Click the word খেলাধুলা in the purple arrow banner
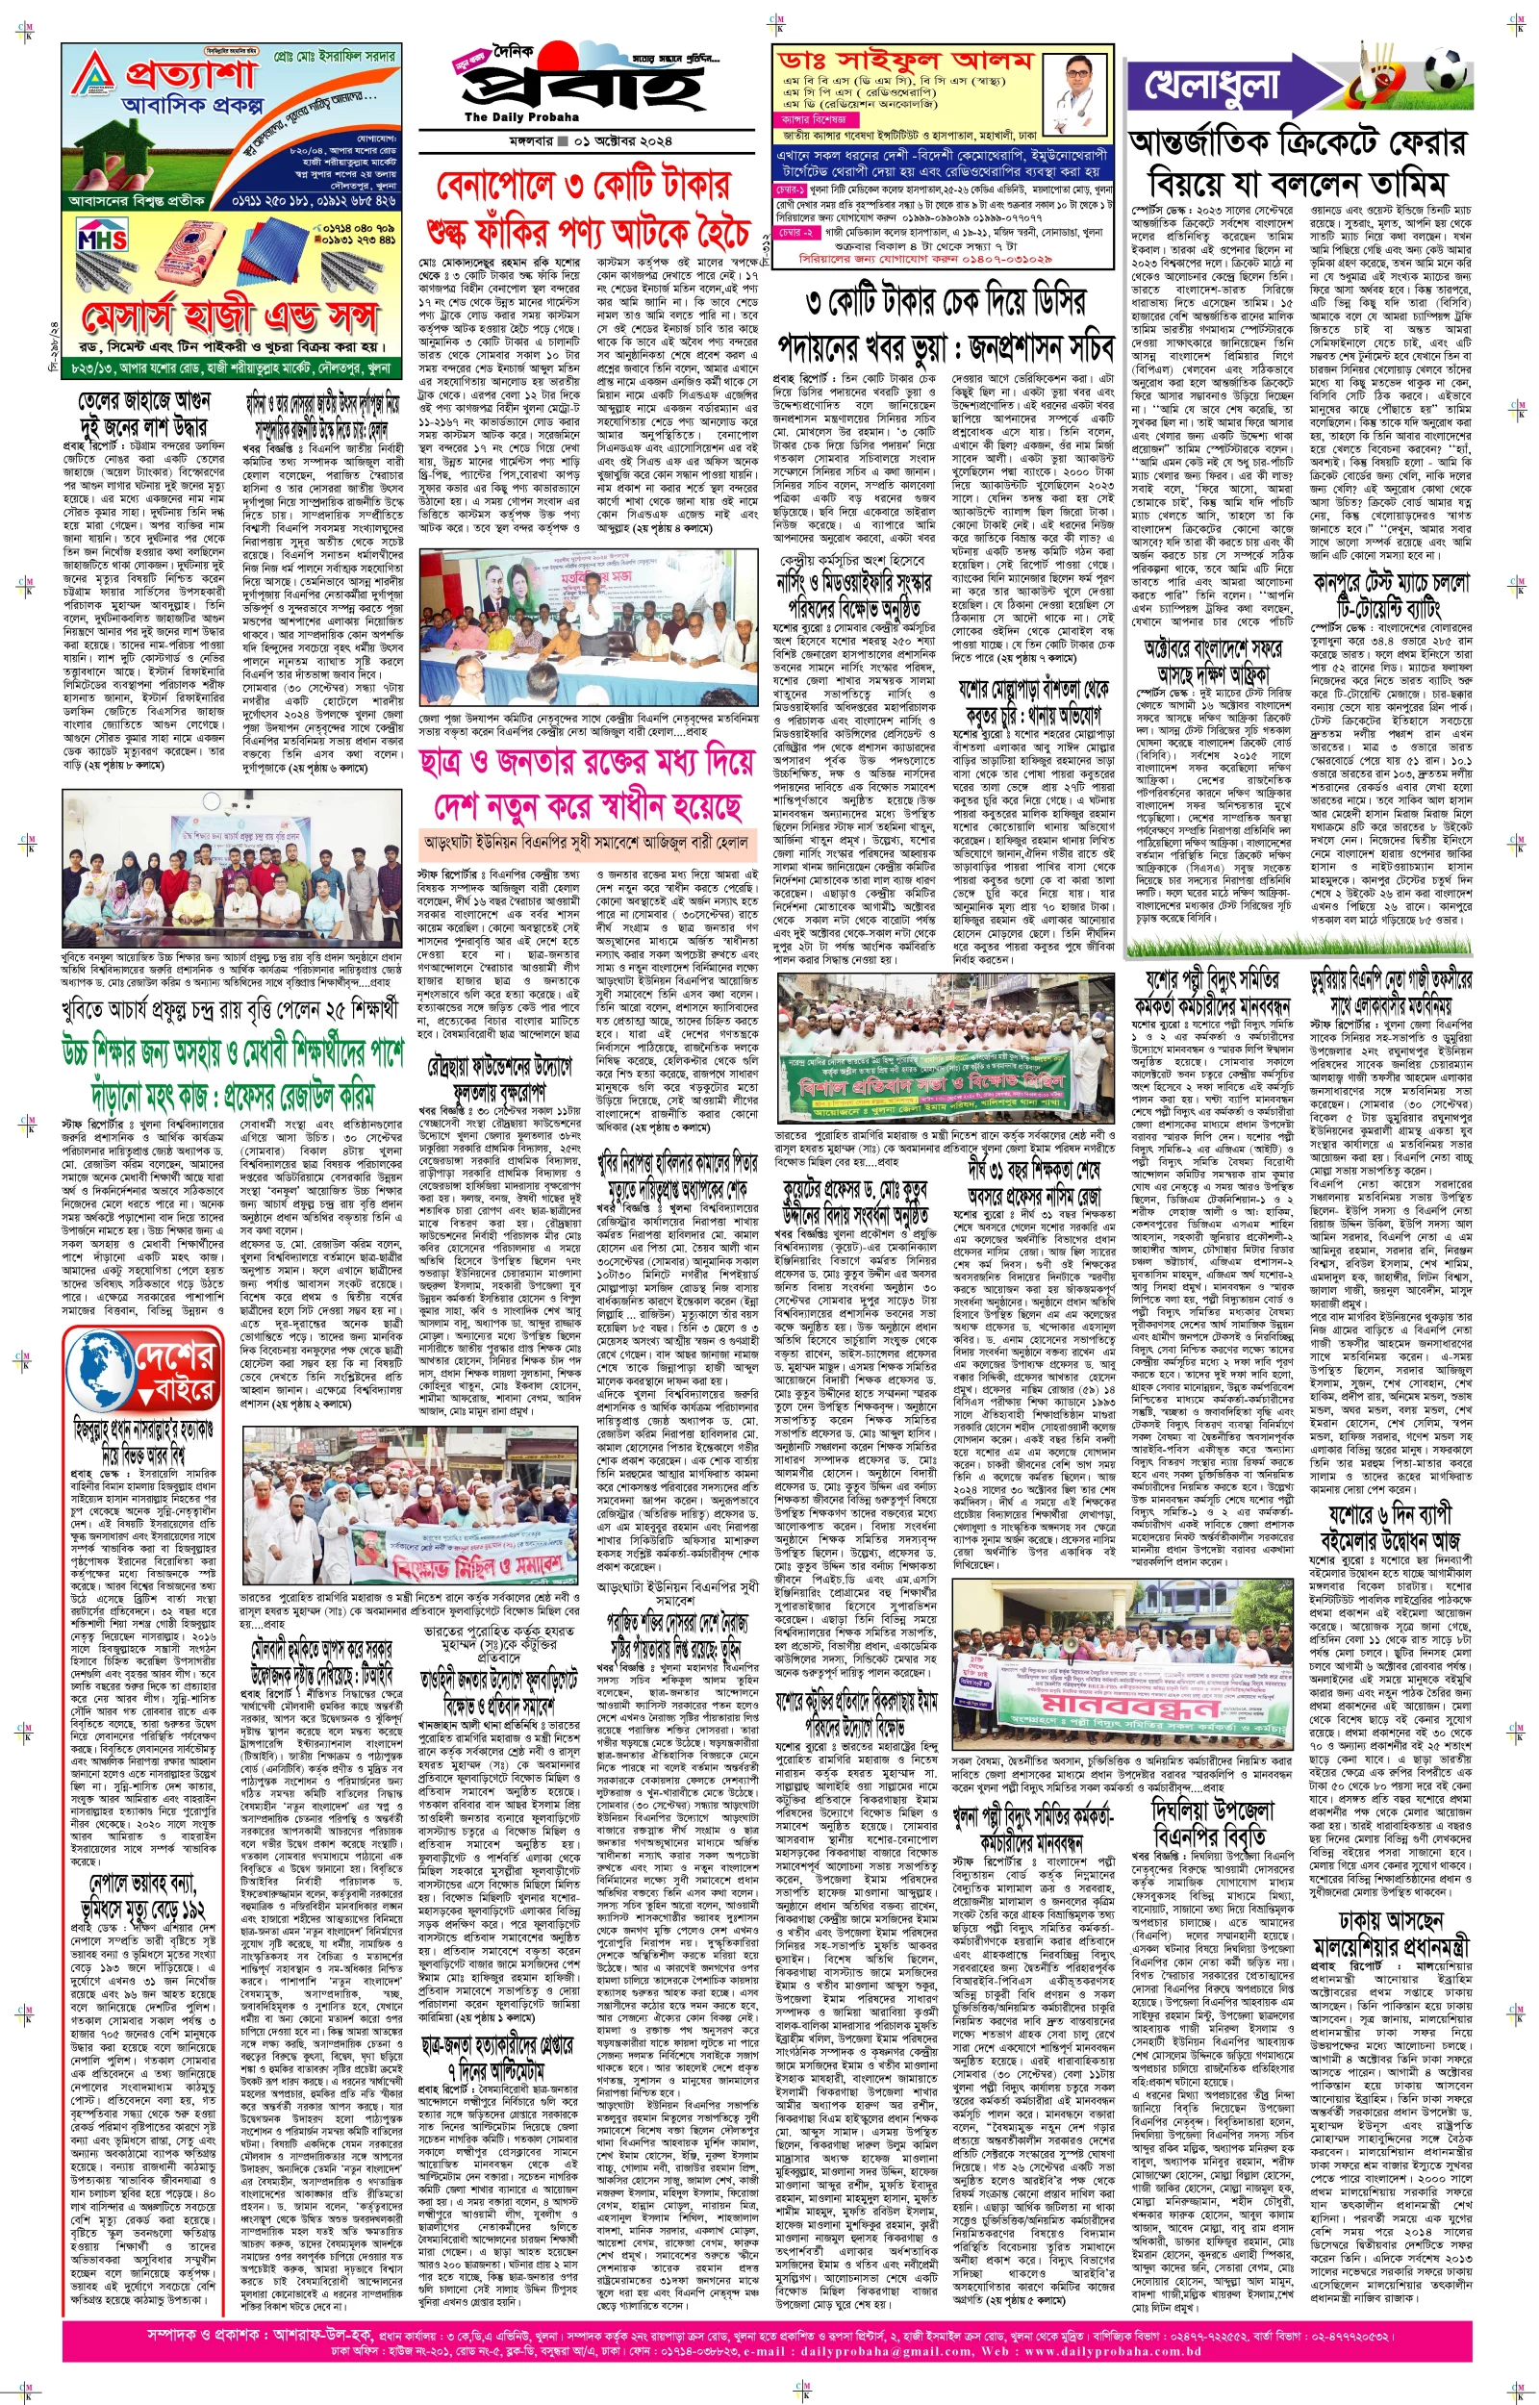(1210, 87)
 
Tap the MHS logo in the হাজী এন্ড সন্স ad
(102, 239)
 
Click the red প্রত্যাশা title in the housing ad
(190, 73)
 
